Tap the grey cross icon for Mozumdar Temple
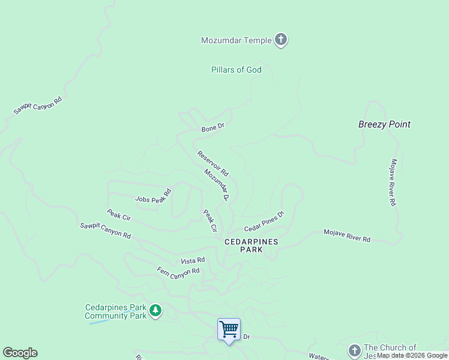point(280,40)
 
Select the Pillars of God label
point(237,70)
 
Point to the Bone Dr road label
point(212,127)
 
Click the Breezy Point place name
point(384,124)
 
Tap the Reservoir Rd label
point(212,163)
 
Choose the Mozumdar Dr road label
point(217,184)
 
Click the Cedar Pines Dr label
point(264,221)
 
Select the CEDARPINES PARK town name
point(243,245)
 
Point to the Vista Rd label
point(193,261)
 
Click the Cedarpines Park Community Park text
point(115,311)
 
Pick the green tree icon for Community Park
point(155,310)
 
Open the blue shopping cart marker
point(229,329)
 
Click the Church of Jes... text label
point(390,351)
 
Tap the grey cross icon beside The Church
point(354,350)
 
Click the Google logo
point(20,353)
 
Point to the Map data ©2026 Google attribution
point(412,355)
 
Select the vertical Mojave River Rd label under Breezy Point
point(393,182)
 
